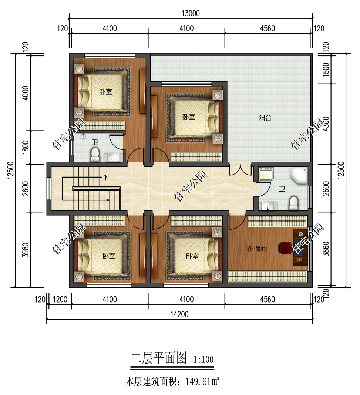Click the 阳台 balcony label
coord(265,118)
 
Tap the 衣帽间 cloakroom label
coord(257,249)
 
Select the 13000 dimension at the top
coord(191,13)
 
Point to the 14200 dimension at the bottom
coord(179,314)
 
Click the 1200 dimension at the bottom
coord(60,299)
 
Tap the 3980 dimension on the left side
coord(26,250)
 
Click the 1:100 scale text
coord(203,359)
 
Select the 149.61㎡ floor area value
coord(202,382)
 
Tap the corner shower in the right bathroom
coord(299,175)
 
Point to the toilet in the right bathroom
coord(293,203)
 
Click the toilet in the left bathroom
coord(95,155)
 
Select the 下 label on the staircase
coord(105,178)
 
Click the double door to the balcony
coord(240,170)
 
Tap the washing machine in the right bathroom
coord(266,173)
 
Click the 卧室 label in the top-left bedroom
coord(105,92)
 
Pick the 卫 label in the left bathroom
coord(95,142)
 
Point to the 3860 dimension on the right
coord(326,249)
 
